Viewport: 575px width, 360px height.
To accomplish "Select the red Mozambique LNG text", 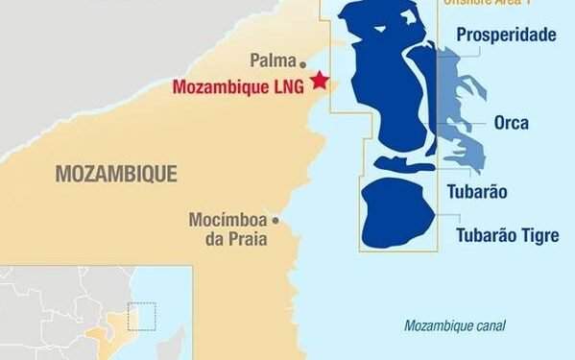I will tap(238, 86).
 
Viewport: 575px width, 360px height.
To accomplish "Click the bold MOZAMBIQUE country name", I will tap(116, 174).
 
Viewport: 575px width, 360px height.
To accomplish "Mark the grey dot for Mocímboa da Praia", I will tap(275, 219).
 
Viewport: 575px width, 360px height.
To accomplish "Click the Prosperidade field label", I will tap(506, 36).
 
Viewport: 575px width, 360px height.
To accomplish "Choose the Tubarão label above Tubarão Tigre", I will tap(477, 191).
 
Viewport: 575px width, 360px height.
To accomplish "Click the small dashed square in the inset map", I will tap(141, 317).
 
